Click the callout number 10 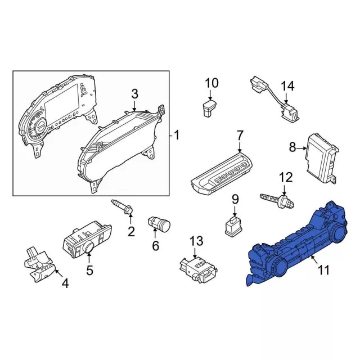211,83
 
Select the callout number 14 287,86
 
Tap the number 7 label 240,136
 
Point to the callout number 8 292,147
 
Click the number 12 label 286,177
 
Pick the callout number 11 323,270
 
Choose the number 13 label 196,241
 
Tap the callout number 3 134,94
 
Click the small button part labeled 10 209,107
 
